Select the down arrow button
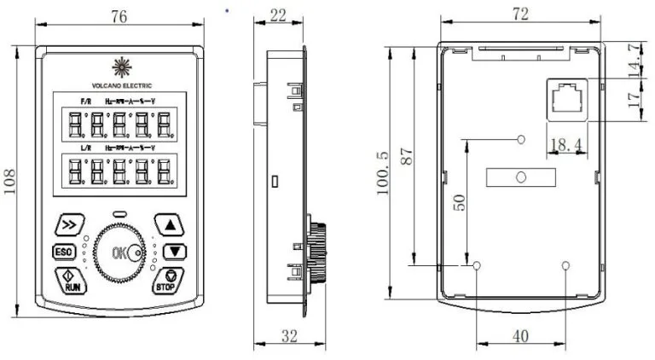pos(174,252)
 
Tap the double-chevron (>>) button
pos(68,225)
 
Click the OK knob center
pos(120,253)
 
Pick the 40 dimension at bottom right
pos(520,337)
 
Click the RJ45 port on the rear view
pos(565,101)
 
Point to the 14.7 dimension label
pos(633,60)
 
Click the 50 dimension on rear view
pos(459,203)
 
